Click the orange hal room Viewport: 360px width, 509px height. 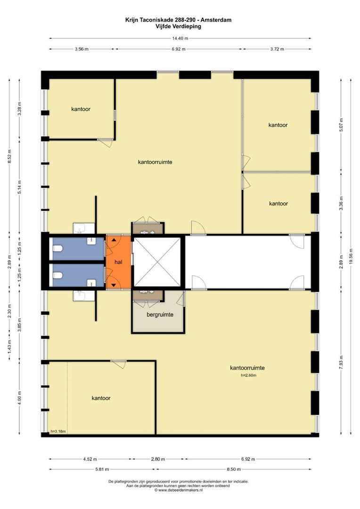[x=118, y=262]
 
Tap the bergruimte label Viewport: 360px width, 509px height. [x=160, y=314]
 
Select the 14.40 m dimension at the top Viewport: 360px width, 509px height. [x=180, y=38]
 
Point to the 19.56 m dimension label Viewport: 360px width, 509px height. [x=351, y=256]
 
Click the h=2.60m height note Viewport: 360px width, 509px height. [x=249, y=375]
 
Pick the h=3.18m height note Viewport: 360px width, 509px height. [x=58, y=431]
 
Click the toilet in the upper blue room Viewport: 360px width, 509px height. [x=57, y=249]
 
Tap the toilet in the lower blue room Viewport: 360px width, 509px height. [x=57, y=276]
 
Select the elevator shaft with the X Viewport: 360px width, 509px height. [x=157, y=262]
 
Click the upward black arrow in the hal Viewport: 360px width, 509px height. [x=114, y=240]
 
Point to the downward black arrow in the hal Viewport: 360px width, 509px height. [x=114, y=285]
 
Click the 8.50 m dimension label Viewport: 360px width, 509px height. [x=234, y=469]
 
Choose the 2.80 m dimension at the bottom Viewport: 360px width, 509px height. [x=158, y=459]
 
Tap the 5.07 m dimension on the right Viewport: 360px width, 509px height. [x=341, y=125]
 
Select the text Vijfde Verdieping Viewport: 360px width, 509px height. [x=178, y=26]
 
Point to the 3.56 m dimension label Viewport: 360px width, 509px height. [x=82, y=49]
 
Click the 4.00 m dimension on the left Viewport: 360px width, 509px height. [x=19, y=398]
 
